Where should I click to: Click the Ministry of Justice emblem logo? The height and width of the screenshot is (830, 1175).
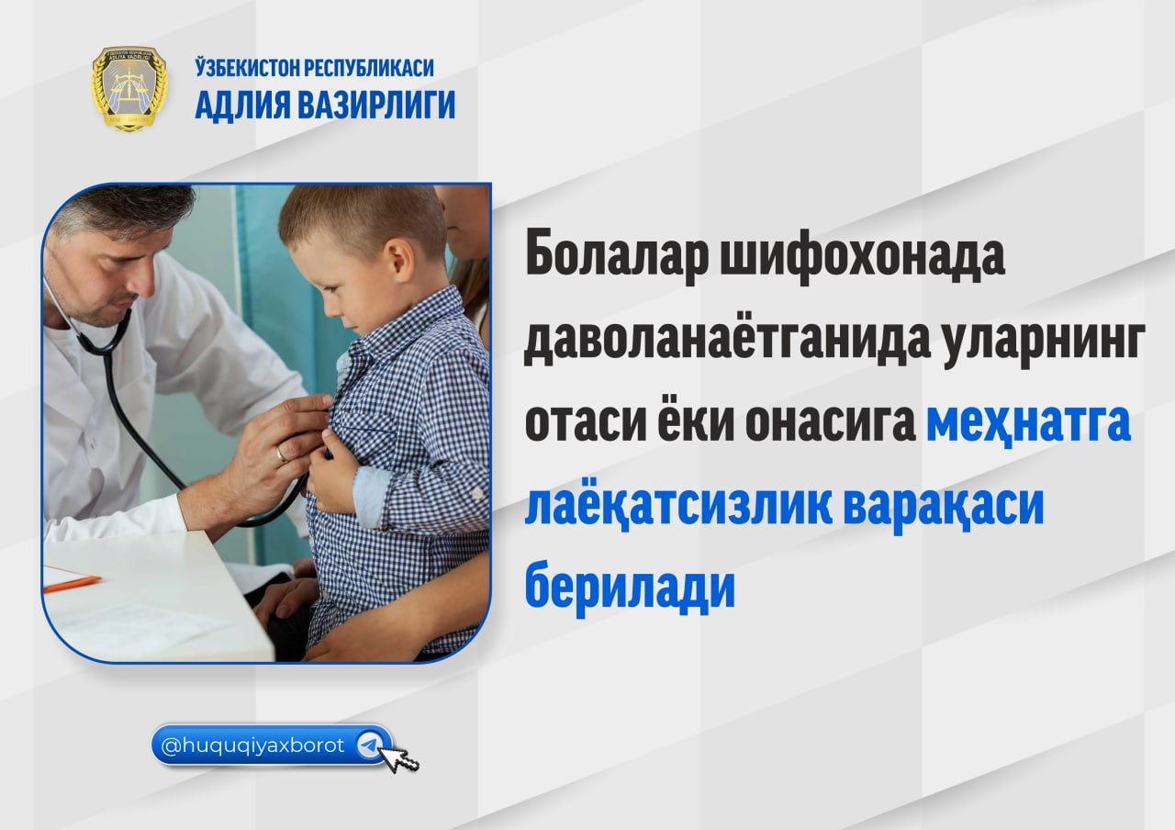pyautogui.click(x=129, y=88)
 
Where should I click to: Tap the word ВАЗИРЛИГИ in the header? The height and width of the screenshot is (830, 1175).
pyautogui.click(x=376, y=105)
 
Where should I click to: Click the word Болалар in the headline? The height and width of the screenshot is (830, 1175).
pyautogui.click(x=617, y=255)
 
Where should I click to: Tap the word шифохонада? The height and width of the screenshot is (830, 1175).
pyautogui.click(x=862, y=255)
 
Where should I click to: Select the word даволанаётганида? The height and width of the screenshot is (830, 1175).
pyautogui.click(x=726, y=341)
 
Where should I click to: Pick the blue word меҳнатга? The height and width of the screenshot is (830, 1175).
pyautogui.click(x=1029, y=423)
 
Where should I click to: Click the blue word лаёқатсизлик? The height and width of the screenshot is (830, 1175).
pyautogui.click(x=678, y=507)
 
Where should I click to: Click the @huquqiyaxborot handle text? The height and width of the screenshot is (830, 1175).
pyautogui.click(x=252, y=746)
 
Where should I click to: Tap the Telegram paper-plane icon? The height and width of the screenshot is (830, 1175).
pyautogui.click(x=370, y=745)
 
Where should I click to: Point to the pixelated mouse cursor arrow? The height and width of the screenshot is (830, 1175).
pyautogui.click(x=398, y=759)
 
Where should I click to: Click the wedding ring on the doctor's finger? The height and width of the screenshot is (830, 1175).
pyautogui.click(x=282, y=454)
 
